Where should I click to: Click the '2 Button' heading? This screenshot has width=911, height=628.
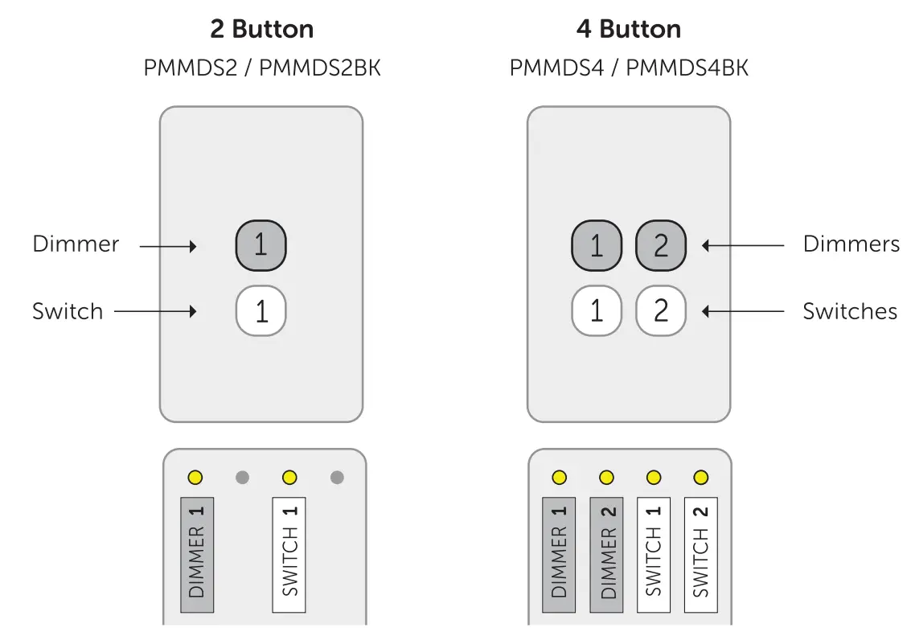pos(261,30)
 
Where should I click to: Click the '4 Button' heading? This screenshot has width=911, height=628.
pos(628,30)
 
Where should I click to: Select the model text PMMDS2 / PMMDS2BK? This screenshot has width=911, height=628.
pos(261,68)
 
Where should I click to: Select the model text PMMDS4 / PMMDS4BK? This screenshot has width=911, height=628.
pos(628,68)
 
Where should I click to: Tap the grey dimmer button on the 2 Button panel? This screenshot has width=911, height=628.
pos(261,245)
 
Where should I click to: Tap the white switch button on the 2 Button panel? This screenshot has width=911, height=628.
pos(261,311)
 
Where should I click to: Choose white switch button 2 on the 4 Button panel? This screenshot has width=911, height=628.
pos(660,311)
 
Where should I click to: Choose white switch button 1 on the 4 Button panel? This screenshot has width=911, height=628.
pos(596,311)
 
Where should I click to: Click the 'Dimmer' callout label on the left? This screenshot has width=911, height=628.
pos(76,244)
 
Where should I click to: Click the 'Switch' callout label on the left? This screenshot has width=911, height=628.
pos(68,311)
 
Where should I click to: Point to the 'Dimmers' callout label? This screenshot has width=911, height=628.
pos(851,244)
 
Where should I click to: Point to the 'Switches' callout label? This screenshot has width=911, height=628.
pos(850,311)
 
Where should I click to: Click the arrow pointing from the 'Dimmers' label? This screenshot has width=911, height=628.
pos(742,245)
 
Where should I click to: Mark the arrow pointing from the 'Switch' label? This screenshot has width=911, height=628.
pos(155,311)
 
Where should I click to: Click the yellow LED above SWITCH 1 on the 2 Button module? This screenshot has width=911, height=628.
pos(289,478)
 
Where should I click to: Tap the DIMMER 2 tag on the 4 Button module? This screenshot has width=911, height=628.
pos(606,555)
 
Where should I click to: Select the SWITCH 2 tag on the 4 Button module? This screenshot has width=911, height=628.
pos(700,555)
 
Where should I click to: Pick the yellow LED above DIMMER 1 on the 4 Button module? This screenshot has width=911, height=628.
pos(559,478)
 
